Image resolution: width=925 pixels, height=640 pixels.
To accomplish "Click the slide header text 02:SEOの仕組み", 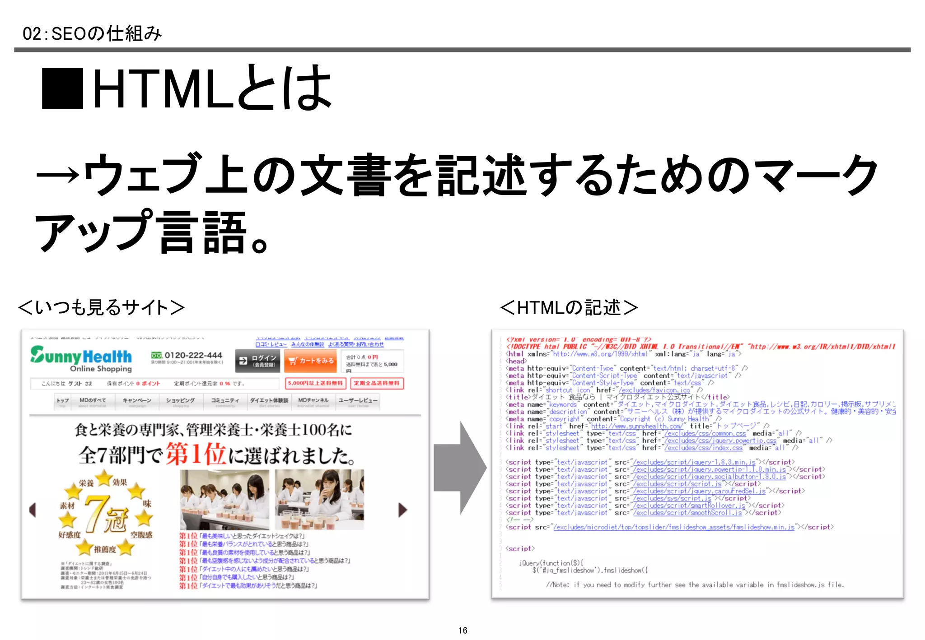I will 92,34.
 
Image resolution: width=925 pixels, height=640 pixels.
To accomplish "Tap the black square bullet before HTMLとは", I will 62,88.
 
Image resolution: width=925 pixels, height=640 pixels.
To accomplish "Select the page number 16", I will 462,630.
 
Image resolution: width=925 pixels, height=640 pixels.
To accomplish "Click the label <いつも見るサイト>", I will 101,307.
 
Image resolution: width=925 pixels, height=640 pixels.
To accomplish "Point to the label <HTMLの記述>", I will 569,307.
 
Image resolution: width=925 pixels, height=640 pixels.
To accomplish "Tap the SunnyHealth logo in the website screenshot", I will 81,359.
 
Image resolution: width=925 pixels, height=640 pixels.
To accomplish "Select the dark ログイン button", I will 258,361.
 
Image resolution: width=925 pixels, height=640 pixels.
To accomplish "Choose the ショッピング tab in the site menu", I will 180,401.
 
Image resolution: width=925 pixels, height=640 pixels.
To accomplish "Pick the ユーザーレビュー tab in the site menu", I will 358,401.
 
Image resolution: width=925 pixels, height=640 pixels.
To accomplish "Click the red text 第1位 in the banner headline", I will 195,454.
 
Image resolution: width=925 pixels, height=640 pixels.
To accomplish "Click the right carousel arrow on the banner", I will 402,510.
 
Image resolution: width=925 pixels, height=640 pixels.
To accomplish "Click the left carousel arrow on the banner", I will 33,510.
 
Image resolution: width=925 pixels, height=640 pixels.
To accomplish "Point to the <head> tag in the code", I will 516,361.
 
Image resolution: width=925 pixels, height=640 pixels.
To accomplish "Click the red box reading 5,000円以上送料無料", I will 315,383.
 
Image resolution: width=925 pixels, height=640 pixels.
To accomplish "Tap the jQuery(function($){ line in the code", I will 551,563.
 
